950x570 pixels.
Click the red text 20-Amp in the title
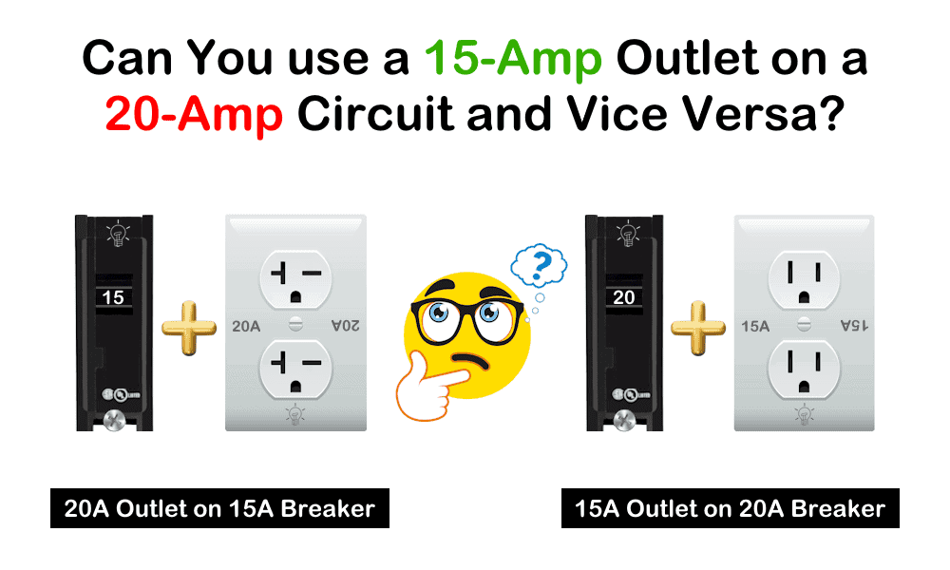[195, 116]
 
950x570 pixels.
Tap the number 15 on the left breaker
[112, 297]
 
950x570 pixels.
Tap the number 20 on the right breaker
[623, 297]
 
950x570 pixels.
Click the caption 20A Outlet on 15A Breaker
[219, 509]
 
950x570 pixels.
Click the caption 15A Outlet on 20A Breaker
[730, 509]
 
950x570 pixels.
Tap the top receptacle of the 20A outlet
[294, 275]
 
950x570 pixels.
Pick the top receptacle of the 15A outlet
[804, 275]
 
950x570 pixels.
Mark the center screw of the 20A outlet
[294, 323]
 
